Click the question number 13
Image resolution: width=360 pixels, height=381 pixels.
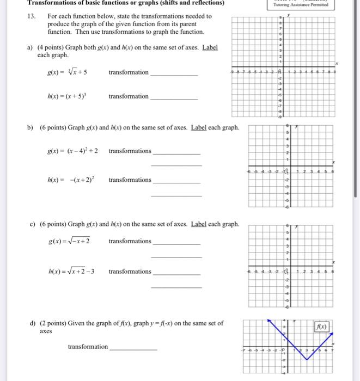pos(31,16)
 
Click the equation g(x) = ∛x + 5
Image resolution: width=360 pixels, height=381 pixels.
pos(68,72)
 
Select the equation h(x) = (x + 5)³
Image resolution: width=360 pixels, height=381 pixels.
pos(68,96)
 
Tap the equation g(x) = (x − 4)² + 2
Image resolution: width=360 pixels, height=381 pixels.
pos(72,151)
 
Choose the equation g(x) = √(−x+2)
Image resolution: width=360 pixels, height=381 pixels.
pos(69,241)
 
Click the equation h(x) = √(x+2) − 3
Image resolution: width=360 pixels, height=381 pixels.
pos(71,272)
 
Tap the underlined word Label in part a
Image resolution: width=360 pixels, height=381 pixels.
pos(210,47)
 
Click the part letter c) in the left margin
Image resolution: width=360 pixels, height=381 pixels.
pos(33,224)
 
